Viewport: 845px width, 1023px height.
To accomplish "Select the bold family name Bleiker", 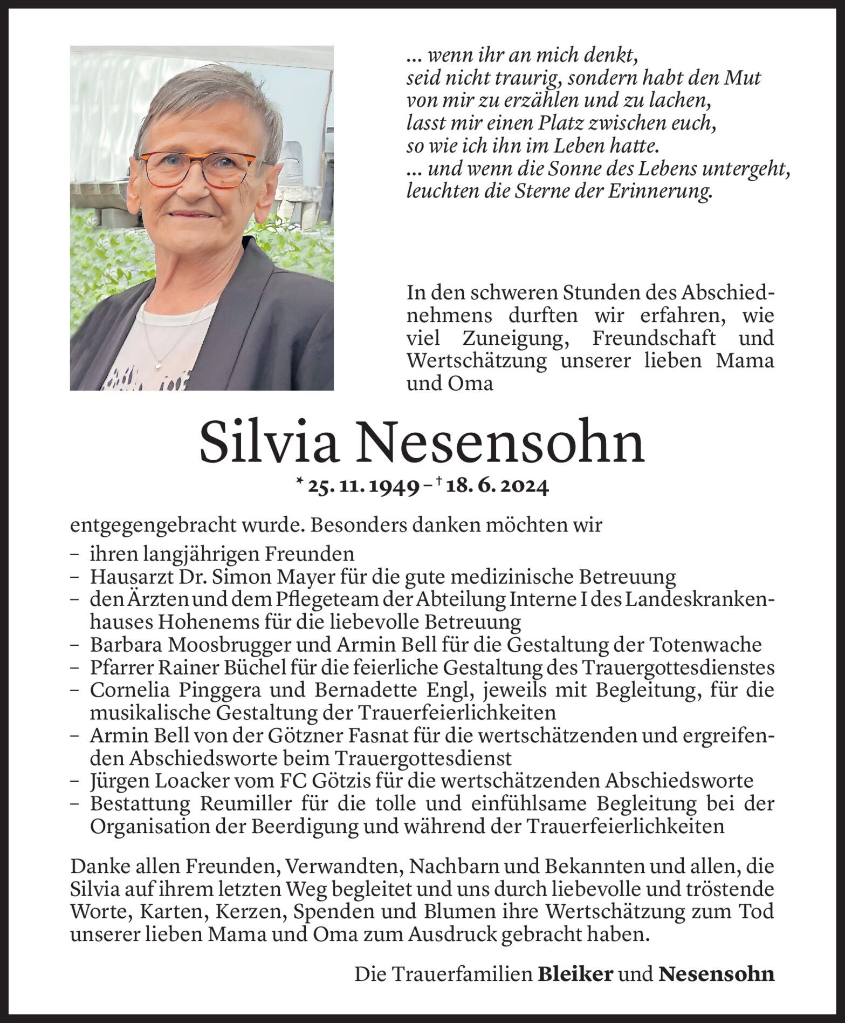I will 575,973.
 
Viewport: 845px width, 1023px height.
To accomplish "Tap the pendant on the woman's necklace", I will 159,365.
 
